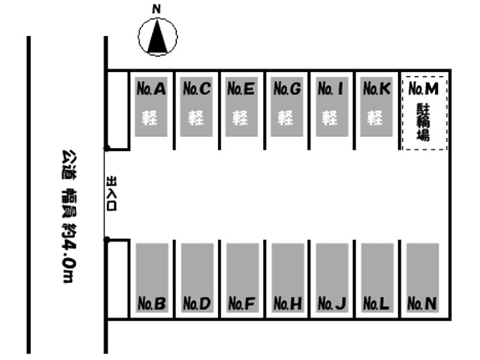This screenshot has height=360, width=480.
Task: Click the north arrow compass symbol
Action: pos(157,37)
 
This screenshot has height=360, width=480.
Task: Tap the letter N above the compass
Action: pos(156,9)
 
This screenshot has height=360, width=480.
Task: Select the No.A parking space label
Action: pos(151,89)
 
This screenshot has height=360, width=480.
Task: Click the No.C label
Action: pos(196,89)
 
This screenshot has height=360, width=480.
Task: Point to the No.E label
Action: pos(241,89)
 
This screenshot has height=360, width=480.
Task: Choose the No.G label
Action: pos(287,89)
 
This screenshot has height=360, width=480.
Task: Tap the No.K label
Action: pos(376,89)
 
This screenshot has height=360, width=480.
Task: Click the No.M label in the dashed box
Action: pos(423,89)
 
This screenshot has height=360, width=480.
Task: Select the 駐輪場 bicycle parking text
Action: pos(423,122)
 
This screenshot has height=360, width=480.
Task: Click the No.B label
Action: pos(152,303)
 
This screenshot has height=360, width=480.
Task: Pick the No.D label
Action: pos(197,303)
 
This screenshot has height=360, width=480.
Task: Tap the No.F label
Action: pos(241,303)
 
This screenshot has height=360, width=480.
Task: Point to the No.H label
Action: pos(287,303)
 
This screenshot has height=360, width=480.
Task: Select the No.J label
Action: pos(332,303)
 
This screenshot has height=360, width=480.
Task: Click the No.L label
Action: pos(376,303)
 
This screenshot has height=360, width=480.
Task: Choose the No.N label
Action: pos(422,303)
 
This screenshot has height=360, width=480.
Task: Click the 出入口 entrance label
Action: pos(111,193)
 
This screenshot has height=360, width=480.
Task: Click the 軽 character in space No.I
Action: pos(330,118)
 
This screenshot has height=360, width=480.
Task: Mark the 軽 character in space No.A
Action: pos(149,118)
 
